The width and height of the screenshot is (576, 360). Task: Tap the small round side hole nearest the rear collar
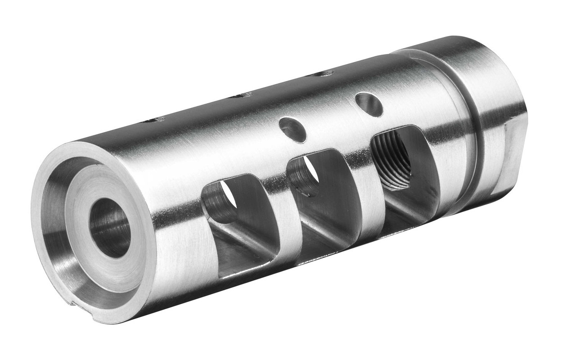click(369, 104)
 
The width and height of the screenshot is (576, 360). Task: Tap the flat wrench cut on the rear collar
click(513, 155)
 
